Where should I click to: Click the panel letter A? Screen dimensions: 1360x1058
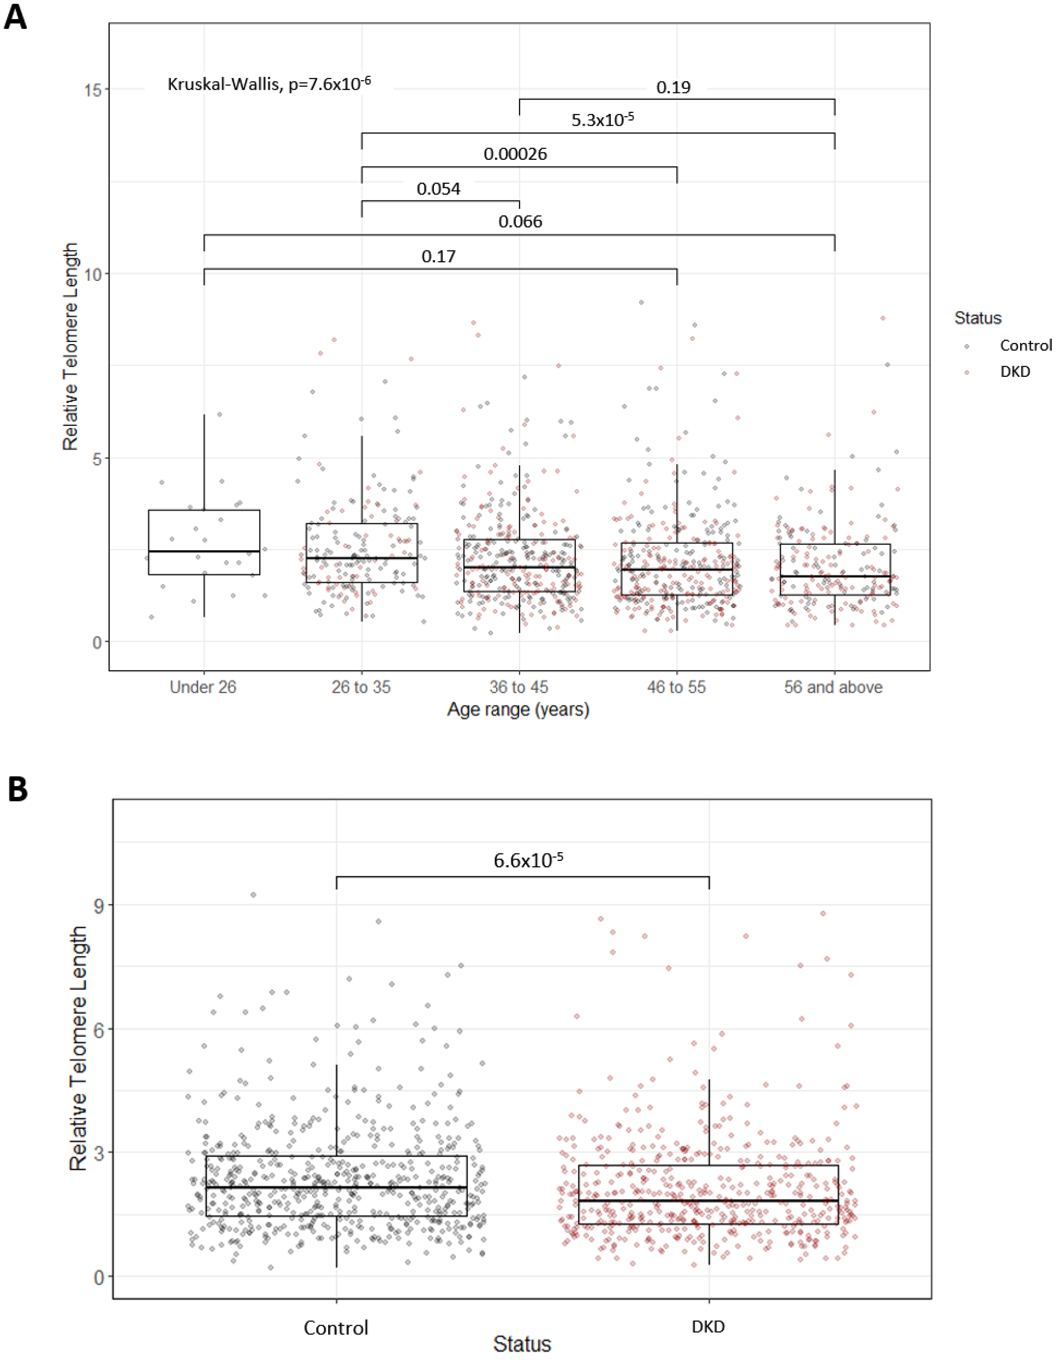click(16, 17)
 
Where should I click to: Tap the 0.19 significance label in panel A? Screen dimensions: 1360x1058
click(673, 87)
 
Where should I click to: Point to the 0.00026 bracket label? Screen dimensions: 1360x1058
click(515, 154)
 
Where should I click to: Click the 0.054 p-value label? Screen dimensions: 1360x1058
click(438, 189)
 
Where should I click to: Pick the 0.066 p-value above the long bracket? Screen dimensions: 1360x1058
click(520, 222)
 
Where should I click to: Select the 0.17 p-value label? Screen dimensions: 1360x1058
click(438, 256)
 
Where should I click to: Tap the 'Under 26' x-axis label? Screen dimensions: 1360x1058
click(203, 687)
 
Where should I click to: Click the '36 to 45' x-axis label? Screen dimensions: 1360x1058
click(519, 687)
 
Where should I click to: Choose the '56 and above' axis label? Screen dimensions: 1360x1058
click(833, 687)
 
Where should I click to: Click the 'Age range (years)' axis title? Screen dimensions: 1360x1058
click(518, 709)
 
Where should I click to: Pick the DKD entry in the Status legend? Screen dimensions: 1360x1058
click(1015, 372)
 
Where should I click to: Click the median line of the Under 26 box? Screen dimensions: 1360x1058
click(204, 551)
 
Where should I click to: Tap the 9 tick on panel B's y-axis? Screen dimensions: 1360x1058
click(98, 905)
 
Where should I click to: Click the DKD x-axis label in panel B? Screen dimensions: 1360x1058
click(708, 1327)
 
